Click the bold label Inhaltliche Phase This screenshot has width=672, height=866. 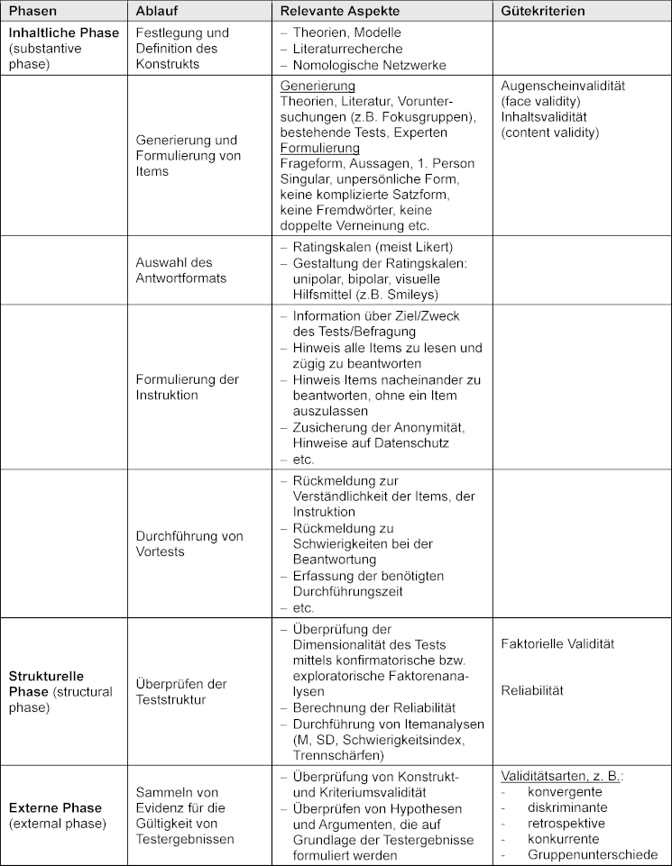(x=64, y=32)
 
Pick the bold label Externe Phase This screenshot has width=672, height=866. (x=55, y=807)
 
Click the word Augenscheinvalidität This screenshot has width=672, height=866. (x=563, y=86)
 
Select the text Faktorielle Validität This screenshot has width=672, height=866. (x=557, y=644)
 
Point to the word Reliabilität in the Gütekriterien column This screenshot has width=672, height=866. (x=532, y=690)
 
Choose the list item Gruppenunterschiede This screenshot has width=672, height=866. (x=593, y=855)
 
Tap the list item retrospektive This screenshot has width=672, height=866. (x=566, y=823)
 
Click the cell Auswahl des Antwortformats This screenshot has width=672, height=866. (x=181, y=270)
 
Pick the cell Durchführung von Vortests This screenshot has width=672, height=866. (x=189, y=543)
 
